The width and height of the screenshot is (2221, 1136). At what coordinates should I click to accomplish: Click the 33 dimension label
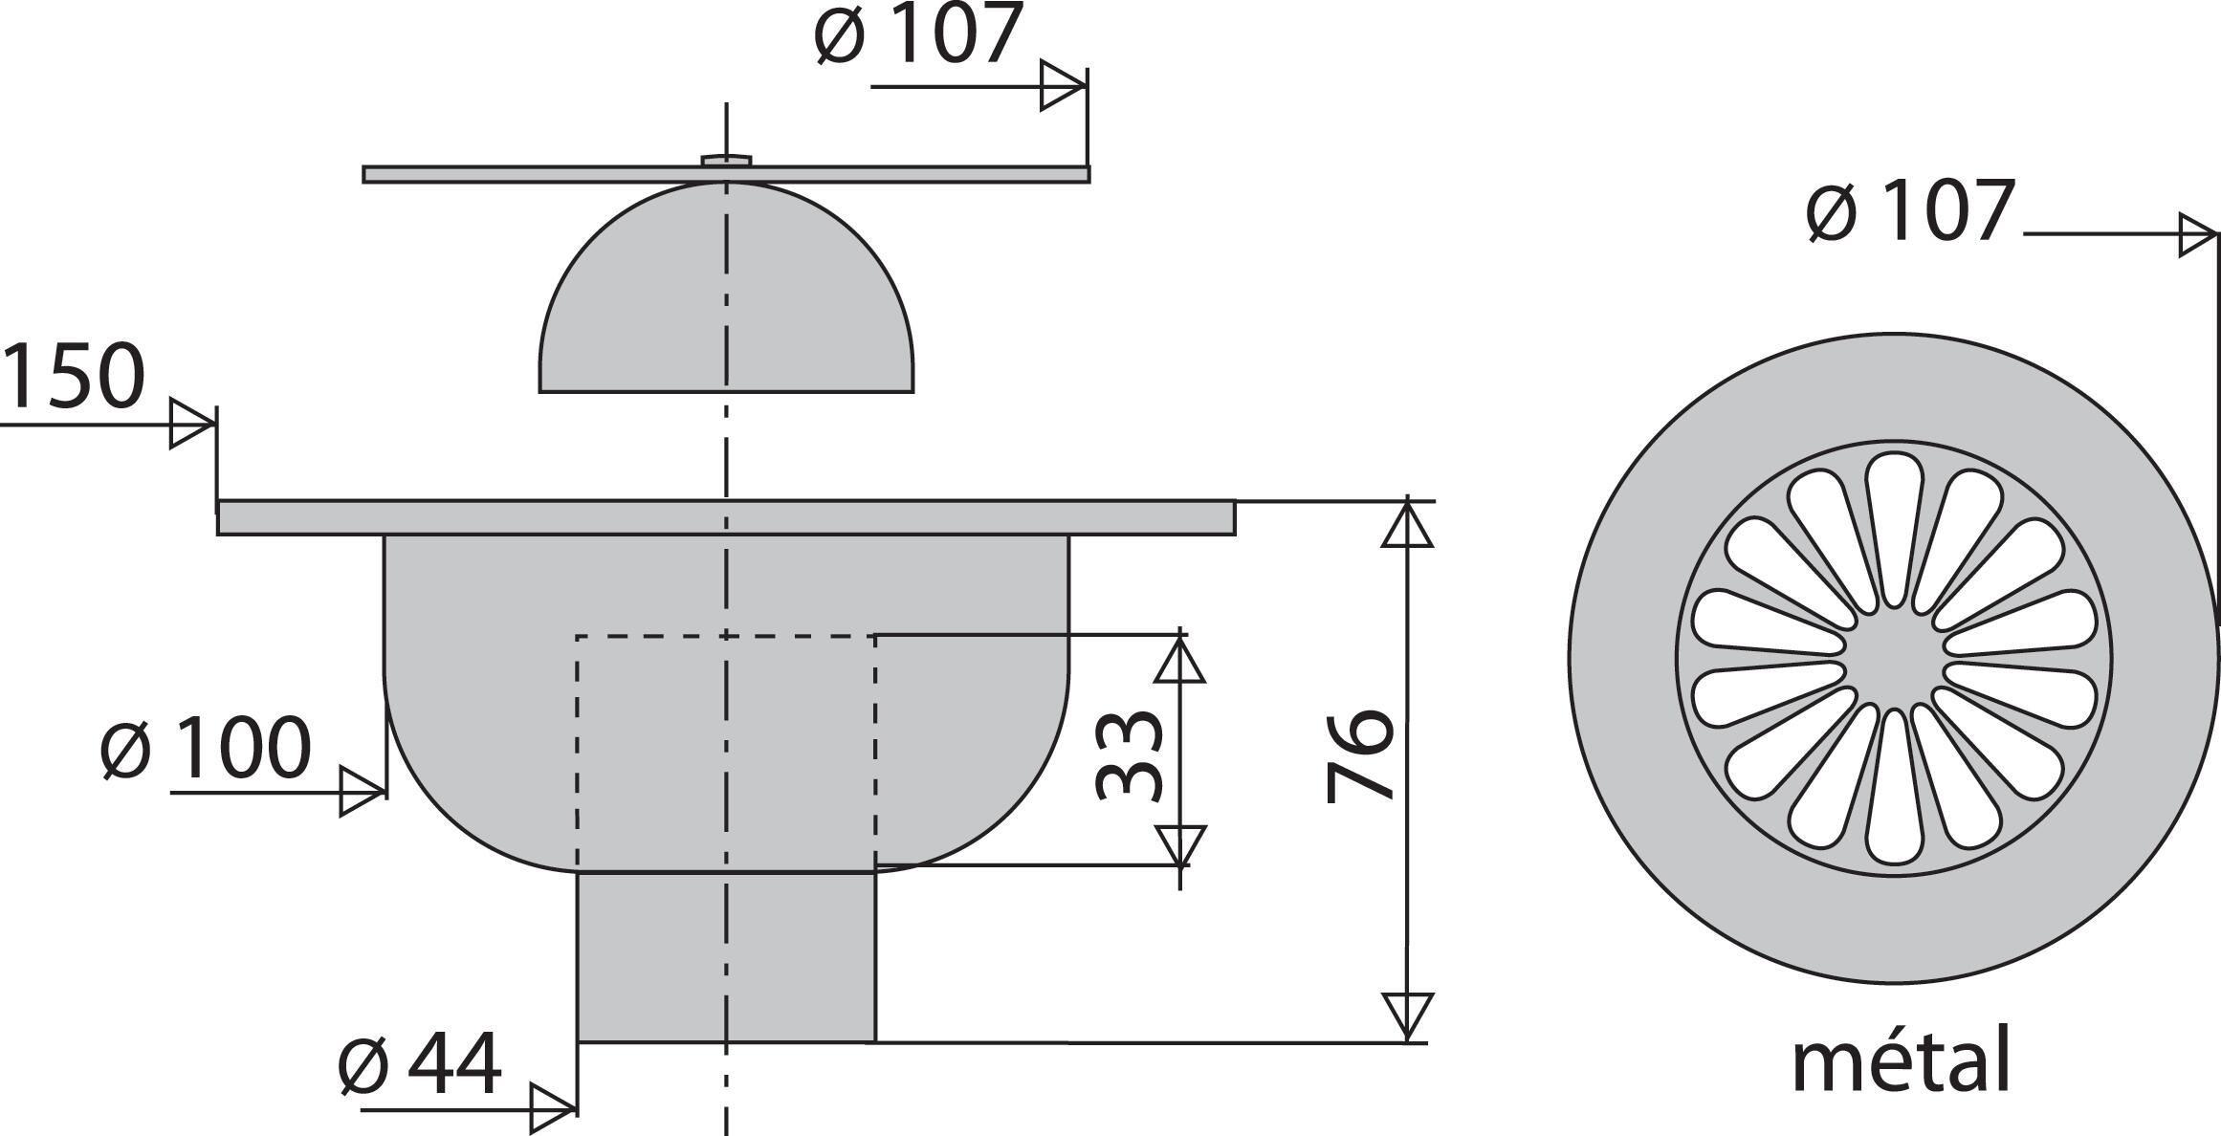click(1129, 754)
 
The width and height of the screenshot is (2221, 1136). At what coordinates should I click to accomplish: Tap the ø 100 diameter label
click(207, 748)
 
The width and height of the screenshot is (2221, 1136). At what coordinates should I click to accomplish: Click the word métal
click(1901, 1060)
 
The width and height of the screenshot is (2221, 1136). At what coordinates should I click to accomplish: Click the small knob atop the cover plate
click(726, 160)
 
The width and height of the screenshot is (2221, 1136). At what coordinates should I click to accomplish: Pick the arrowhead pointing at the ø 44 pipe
click(553, 1110)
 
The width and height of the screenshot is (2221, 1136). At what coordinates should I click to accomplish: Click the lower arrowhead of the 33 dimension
click(1179, 846)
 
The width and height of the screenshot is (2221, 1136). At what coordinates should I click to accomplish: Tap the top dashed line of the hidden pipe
click(670, 636)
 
